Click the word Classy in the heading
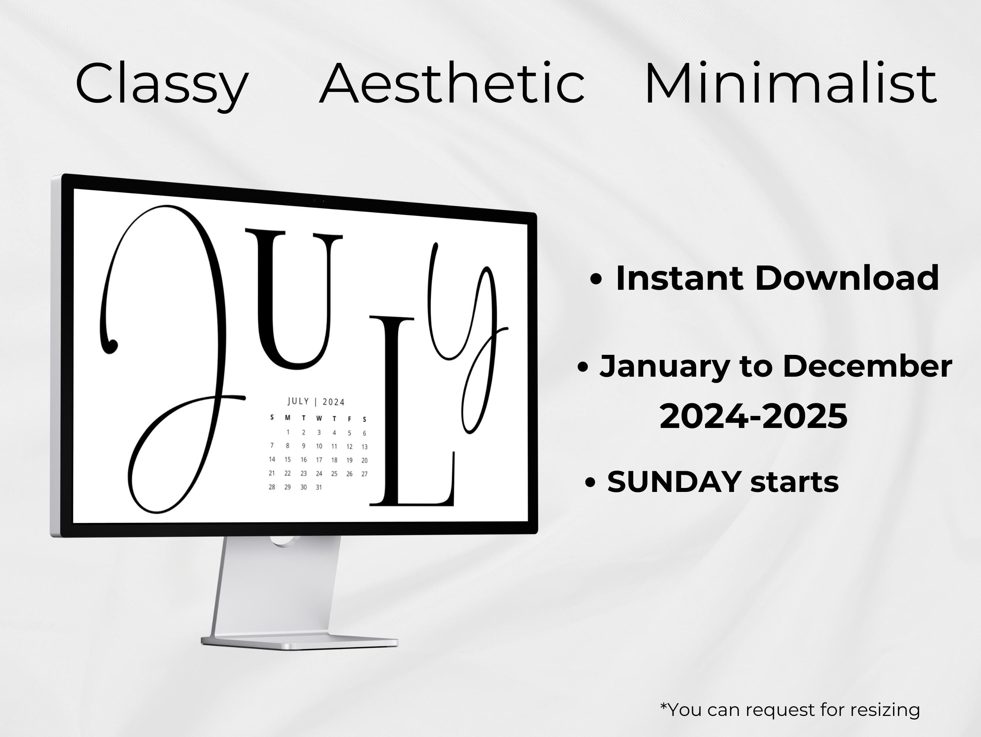(162, 84)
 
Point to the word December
(868, 366)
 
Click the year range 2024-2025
(754, 416)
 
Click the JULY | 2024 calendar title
(316, 401)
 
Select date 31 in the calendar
(319, 487)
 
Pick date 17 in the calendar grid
(319, 460)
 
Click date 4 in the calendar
(334, 433)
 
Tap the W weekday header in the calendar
(319, 418)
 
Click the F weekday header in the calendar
(350, 419)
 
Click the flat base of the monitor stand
(300, 642)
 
